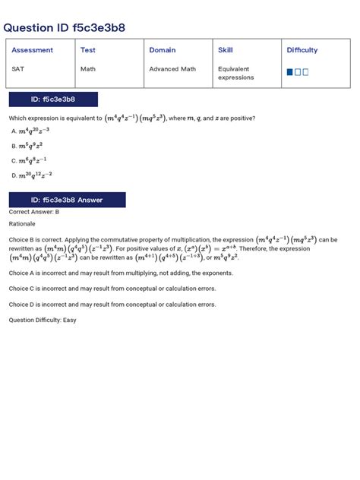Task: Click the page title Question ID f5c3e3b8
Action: coord(64,28)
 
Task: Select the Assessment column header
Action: coord(32,50)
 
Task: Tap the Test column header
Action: coord(88,50)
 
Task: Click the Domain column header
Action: coord(163,50)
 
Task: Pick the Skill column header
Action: coord(226,50)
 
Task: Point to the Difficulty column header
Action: coord(302,50)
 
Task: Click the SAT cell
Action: coord(17,68)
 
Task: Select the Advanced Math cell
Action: coord(172,68)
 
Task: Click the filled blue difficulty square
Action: coord(289,72)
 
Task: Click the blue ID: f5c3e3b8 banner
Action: coord(52,99)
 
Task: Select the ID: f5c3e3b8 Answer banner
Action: coord(67,200)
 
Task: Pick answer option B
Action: coord(31,145)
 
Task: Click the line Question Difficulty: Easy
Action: coord(43,320)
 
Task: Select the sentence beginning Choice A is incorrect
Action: coord(121,272)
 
